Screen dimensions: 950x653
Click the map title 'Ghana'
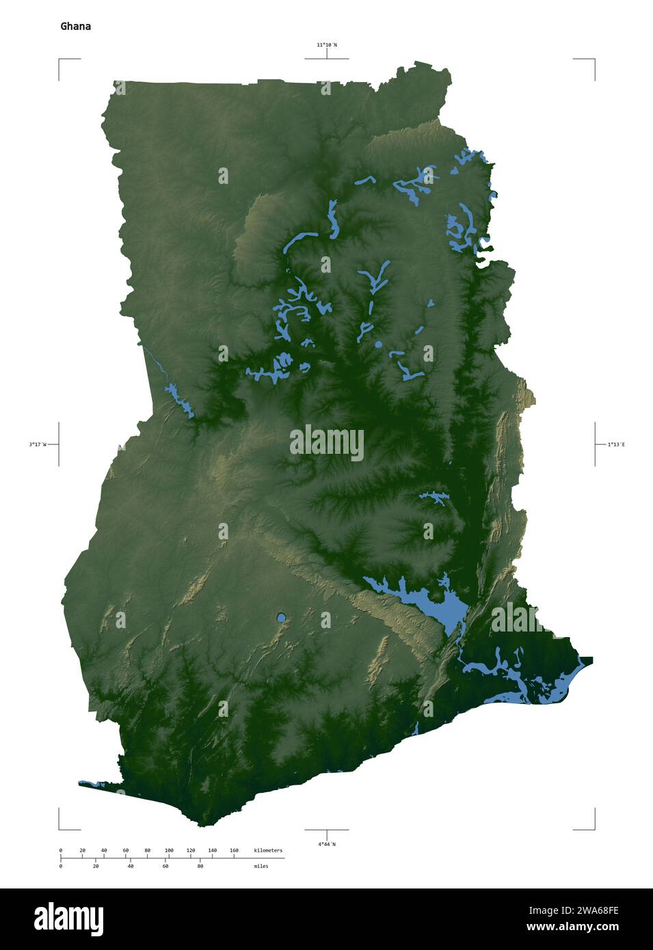click(x=75, y=27)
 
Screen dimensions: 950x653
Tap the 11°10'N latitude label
click(x=326, y=45)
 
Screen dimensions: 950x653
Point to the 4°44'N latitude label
click(x=326, y=844)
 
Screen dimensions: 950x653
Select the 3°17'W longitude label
click(x=38, y=444)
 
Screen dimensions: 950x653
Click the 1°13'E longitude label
click(x=616, y=444)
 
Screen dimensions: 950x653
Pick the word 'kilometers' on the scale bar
click(x=267, y=850)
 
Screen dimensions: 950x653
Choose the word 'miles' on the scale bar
click(x=261, y=866)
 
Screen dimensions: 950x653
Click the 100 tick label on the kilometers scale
click(x=169, y=850)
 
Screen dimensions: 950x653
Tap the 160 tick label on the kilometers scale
click(x=234, y=850)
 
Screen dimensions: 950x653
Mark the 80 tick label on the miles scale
click(x=200, y=866)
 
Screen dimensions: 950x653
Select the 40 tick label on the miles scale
click(x=130, y=866)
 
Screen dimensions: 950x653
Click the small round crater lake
click(x=281, y=618)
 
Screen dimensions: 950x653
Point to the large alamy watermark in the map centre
click(x=326, y=442)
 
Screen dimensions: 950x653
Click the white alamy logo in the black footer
click(x=68, y=919)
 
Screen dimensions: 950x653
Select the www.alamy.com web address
click(x=572, y=927)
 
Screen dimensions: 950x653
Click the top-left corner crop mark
click(x=60, y=61)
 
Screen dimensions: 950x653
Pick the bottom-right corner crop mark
click(x=593, y=828)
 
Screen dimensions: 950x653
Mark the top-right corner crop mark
click(x=593, y=61)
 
